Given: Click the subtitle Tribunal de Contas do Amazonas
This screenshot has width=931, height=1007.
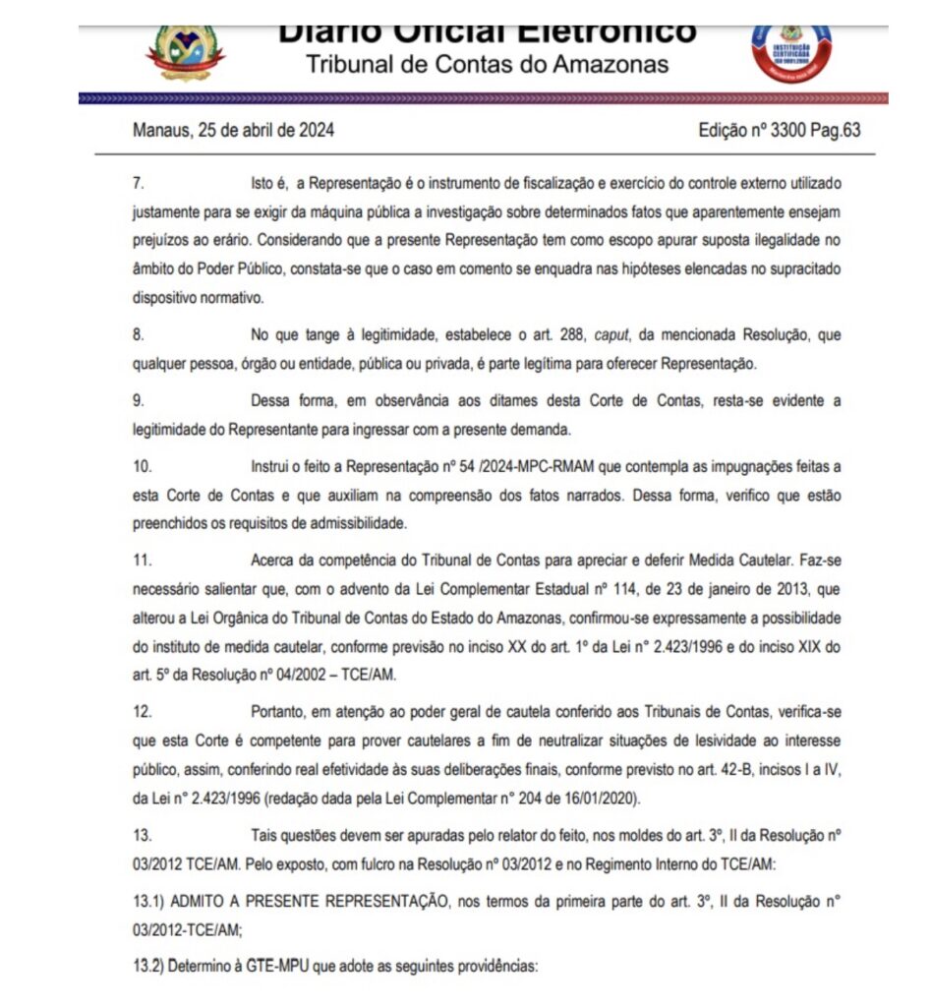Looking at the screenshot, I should coord(487,65).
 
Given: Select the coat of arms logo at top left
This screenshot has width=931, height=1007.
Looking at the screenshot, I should coord(185,49).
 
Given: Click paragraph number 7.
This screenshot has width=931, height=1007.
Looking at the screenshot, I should coord(138,184).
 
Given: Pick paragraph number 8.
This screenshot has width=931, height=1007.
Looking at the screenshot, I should coord(138,335).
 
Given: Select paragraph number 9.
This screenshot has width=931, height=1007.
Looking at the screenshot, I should coord(138,400).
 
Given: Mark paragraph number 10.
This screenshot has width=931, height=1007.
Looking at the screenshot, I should coord(142,465).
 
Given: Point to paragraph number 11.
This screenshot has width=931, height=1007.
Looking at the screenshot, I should coord(141,561).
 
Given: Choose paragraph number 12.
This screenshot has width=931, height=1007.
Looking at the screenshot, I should coord(142,712).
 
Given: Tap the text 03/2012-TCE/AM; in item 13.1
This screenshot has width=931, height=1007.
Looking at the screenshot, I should coord(187,927).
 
